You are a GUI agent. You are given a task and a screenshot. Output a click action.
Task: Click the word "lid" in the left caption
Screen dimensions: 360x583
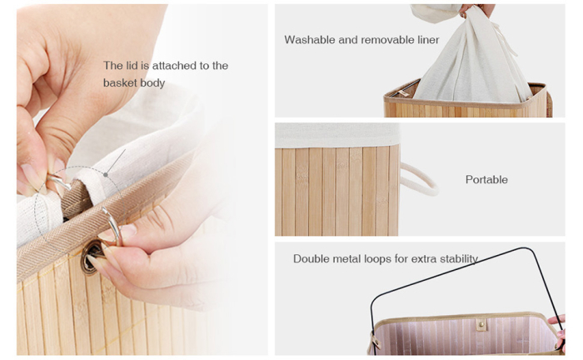pyautogui.click(x=132, y=65)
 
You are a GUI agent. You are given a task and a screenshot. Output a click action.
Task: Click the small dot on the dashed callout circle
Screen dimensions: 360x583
pyautogui.click(x=107, y=175)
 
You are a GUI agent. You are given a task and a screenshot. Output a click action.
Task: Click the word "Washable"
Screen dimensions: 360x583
pyautogui.click(x=310, y=39)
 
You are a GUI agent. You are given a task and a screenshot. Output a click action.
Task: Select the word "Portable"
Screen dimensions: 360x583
pyautogui.click(x=486, y=179)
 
